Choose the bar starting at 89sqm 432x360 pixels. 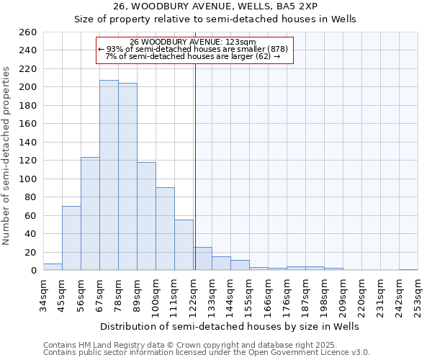click(x=146, y=216)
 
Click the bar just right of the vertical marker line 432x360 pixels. click(x=202, y=258)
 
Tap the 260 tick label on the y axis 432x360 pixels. click(x=27, y=32)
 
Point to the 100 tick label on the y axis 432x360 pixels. click(x=27, y=179)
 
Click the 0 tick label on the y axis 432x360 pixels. click(x=33, y=270)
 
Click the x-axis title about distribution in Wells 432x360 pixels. click(x=230, y=326)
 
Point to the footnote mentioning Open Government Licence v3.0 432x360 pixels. click(x=206, y=353)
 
